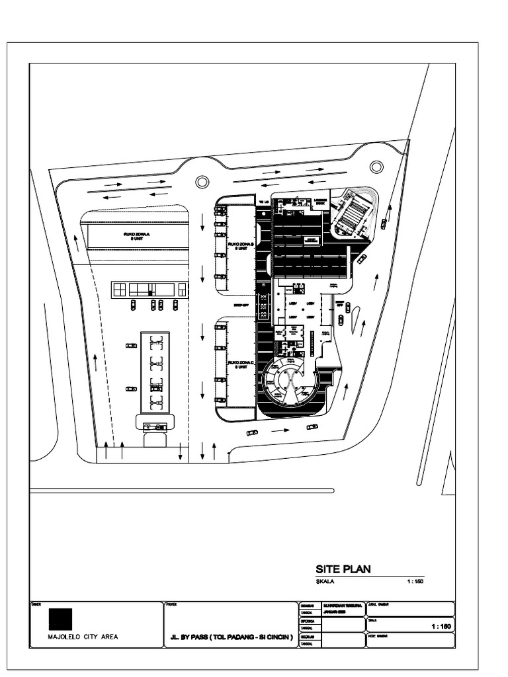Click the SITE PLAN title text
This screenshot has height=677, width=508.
pos(343,569)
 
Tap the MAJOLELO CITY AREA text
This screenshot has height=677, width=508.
pos(83,639)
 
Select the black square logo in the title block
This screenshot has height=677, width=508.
pos(60,618)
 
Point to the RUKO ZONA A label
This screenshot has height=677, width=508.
pos(137,236)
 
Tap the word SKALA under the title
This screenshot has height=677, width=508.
pos(326,582)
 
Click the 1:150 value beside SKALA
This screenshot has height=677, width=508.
pos(415,582)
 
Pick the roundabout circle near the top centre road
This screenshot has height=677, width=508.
pos(202,181)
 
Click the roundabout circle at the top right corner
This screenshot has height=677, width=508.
pos(376,167)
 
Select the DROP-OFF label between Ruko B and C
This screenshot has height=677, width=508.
pos(241,306)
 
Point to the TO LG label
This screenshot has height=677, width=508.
pos(263,201)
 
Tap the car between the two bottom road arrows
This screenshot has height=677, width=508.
pos(252,432)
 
